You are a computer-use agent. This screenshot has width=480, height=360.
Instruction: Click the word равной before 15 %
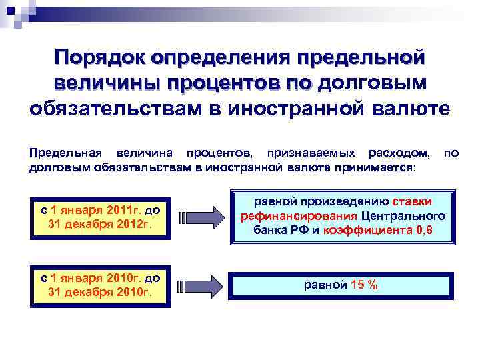point(325,285)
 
